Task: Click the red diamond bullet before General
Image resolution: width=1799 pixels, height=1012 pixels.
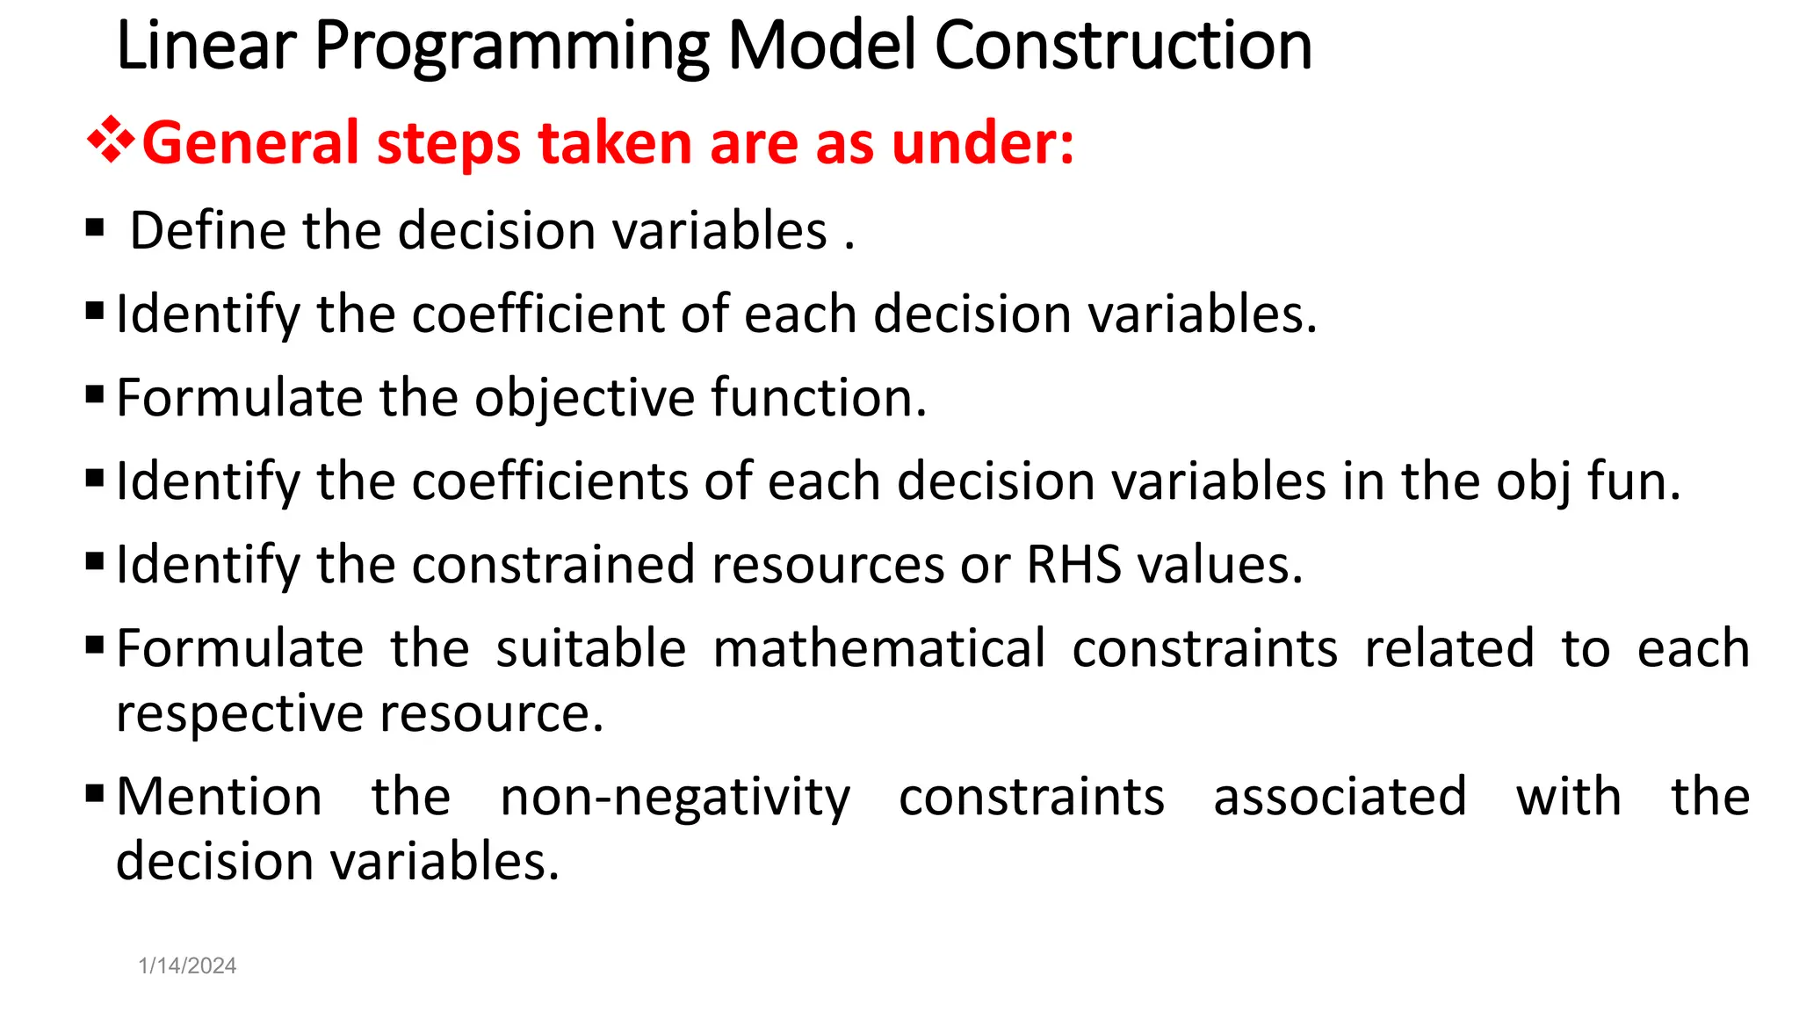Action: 110,141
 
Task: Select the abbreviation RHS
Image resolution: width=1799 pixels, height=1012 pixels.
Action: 1073,564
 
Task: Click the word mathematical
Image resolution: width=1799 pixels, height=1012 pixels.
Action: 878,648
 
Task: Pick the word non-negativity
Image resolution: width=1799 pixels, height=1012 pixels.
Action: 675,798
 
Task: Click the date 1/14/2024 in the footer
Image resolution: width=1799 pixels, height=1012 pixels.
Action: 187,965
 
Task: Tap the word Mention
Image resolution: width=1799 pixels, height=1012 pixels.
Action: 220,798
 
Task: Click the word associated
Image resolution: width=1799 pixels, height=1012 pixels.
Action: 1340,798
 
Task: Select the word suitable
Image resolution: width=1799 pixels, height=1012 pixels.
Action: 590,648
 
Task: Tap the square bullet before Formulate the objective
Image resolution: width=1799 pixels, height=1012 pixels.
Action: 95,394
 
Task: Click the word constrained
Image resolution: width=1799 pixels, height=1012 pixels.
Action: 553,564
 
